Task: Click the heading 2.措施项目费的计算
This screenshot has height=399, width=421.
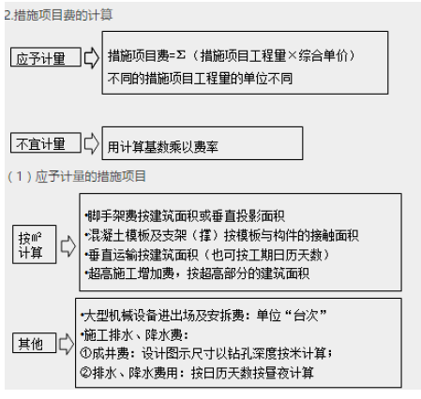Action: click(x=59, y=15)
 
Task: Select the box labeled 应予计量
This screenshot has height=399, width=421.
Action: click(x=46, y=57)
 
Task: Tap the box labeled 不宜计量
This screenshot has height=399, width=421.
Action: click(x=46, y=142)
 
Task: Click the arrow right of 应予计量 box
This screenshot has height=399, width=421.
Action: click(x=92, y=57)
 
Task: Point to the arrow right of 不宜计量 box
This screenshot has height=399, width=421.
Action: click(x=92, y=143)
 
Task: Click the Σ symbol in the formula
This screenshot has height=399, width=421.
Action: click(x=181, y=55)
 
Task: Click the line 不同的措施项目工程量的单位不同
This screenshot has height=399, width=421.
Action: click(x=200, y=79)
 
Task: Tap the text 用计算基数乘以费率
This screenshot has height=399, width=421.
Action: click(x=163, y=147)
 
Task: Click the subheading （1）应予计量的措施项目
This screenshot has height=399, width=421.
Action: click(x=77, y=176)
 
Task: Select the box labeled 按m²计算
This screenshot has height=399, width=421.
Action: click(x=35, y=244)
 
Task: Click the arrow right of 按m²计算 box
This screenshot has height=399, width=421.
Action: click(x=68, y=246)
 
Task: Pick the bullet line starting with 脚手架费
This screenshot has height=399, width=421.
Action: click(x=185, y=216)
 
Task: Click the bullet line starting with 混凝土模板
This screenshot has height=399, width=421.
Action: click(x=222, y=235)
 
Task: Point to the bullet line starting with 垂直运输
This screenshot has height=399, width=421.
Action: click(x=207, y=255)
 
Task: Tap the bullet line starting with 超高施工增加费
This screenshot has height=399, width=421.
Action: click(x=197, y=273)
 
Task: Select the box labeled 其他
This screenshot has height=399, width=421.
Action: click(x=35, y=343)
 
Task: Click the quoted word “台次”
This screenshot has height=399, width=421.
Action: click(x=306, y=316)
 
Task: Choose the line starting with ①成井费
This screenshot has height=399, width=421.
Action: click(x=206, y=353)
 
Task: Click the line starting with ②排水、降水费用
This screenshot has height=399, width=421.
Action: click(x=197, y=373)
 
